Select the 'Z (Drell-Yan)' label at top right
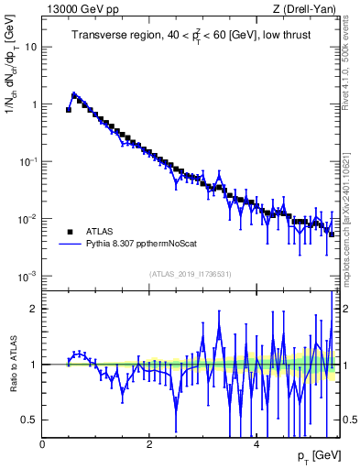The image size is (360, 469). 309,9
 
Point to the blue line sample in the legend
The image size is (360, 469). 70,245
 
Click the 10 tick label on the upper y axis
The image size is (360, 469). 32,47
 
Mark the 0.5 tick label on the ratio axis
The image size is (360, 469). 31,420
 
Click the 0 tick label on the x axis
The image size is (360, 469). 42,444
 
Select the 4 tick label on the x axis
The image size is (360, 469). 256,444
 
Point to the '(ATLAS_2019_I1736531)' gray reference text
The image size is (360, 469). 190,273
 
